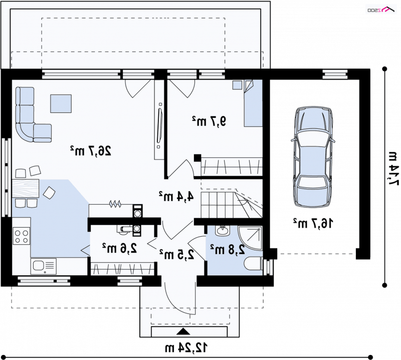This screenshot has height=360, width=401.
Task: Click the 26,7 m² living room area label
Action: coord(91,150)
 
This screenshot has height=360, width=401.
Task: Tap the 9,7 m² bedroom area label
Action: coord(209,121)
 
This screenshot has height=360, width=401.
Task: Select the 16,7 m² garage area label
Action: coord(313,223)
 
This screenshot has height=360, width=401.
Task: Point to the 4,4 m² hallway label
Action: coord(176,196)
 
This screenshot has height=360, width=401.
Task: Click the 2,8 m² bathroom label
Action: coord(228,250)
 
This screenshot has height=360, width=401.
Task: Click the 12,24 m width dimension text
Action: coord(186,347)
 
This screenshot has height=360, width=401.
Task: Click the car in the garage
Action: coord(313,156)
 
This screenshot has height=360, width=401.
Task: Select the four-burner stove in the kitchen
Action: coord(22,236)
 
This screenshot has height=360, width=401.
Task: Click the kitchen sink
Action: coord(44,266)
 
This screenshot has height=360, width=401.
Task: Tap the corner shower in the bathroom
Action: coord(250,238)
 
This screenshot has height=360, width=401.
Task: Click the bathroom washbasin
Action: coord(223,231)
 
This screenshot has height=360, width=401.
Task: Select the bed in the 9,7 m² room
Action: coord(253,103)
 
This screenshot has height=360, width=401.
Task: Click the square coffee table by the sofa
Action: coord(61,104)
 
